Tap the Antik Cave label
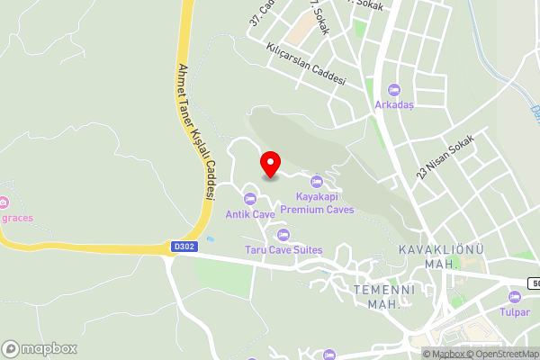click(x=250, y=214)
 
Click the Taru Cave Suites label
click(x=283, y=249)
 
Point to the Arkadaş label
click(x=394, y=104)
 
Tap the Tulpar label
click(x=514, y=313)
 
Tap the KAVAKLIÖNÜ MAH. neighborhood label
click(x=428, y=256)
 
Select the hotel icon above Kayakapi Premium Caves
click(x=316, y=183)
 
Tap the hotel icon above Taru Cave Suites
click(x=283, y=234)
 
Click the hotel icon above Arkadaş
click(x=393, y=89)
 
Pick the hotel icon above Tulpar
click(x=514, y=297)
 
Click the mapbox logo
click(x=40, y=348)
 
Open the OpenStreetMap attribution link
click(x=504, y=354)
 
